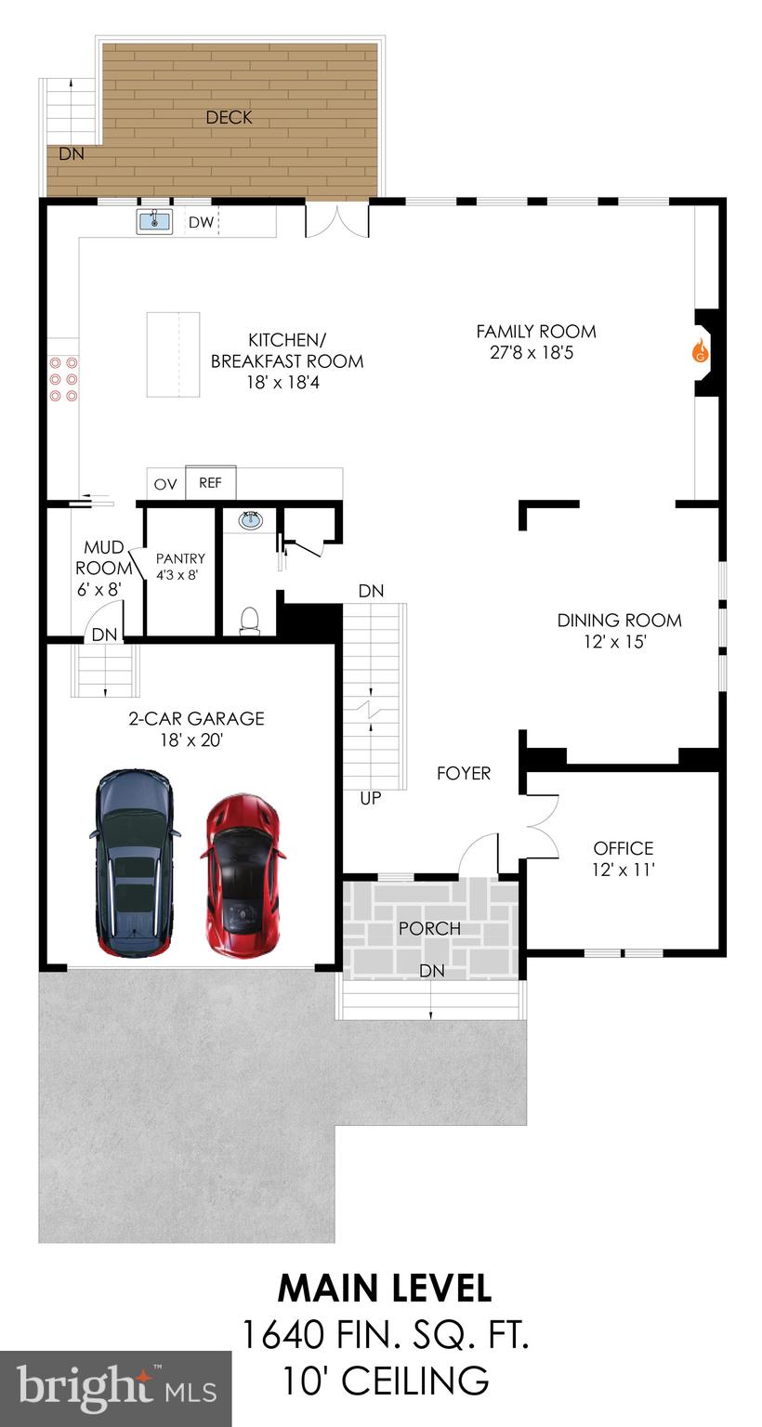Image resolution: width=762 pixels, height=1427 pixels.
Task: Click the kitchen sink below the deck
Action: (x=154, y=222)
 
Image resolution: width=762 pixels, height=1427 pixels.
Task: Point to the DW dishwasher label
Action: (x=201, y=223)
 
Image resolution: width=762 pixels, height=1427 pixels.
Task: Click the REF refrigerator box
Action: (x=211, y=483)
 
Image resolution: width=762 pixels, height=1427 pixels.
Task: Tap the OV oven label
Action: (x=165, y=484)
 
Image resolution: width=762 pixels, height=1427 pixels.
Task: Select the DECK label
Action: (x=229, y=118)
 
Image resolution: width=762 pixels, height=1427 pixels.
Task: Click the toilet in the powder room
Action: (x=249, y=620)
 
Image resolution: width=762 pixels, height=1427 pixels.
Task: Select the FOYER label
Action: (x=464, y=773)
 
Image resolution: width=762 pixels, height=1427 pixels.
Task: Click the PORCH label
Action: (x=429, y=928)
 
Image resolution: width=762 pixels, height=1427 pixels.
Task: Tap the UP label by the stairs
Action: (x=370, y=797)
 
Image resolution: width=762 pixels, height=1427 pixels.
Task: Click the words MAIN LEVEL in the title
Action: (x=385, y=1289)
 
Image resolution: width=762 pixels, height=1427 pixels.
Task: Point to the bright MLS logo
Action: (x=115, y=1389)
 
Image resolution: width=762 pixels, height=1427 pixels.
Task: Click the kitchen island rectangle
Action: (x=173, y=354)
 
